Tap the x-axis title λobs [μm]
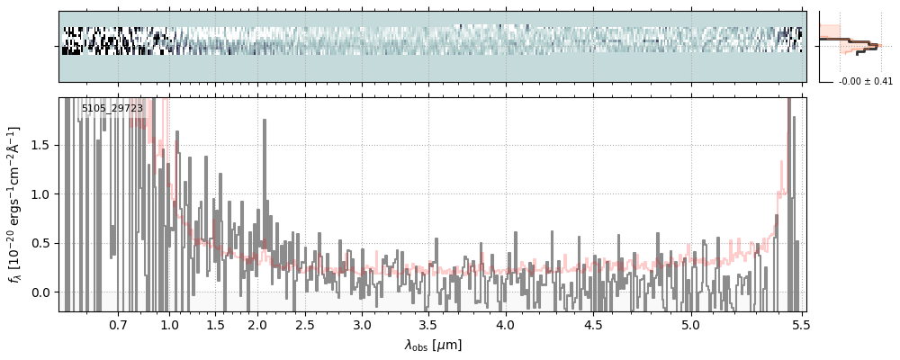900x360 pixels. tap(432, 345)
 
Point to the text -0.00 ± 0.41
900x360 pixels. tap(865, 82)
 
